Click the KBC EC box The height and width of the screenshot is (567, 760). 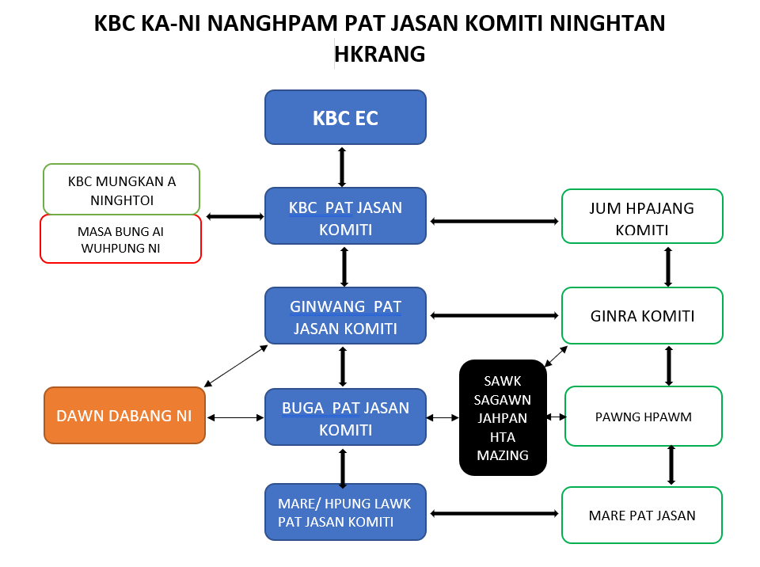point(345,117)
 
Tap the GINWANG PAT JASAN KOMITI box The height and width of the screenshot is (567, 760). point(345,315)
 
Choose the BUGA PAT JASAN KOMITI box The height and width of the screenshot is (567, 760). point(345,417)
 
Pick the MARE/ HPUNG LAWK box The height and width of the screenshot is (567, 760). point(345,512)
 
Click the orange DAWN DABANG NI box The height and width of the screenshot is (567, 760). point(124,416)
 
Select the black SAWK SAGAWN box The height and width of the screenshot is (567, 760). point(503,417)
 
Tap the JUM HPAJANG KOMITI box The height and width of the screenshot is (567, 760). point(642,216)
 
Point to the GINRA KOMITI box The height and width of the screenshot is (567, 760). point(642,316)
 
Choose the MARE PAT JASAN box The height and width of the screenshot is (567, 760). point(642,516)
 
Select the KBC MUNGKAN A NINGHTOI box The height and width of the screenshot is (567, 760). point(121,189)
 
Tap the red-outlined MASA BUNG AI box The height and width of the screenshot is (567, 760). point(121,238)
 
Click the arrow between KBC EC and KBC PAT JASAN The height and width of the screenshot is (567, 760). point(342,166)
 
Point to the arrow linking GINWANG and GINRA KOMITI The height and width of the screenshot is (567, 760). point(494,315)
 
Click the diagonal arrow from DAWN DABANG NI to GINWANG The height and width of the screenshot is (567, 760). point(236,366)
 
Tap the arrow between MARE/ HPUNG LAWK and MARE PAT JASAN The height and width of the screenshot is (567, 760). point(494,514)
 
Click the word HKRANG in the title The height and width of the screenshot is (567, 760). point(380,53)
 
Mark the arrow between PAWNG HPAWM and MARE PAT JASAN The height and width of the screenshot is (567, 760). point(671,465)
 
